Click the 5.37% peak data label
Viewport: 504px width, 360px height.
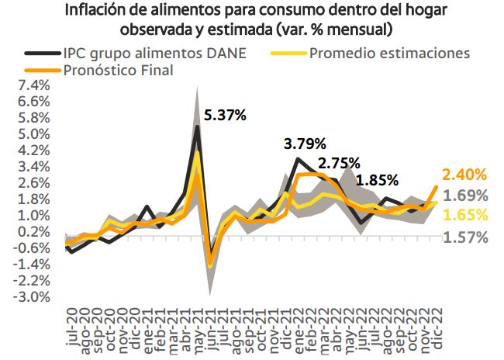[225, 116]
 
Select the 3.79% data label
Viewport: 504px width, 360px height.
[305, 144]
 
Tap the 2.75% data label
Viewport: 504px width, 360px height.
[339, 163]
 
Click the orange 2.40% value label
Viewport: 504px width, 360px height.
[464, 175]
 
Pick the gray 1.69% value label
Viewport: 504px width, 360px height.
[464, 195]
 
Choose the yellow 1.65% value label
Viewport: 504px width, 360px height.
[464, 215]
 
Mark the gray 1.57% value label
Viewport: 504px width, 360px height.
[464, 237]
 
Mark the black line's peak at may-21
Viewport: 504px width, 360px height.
[197, 126]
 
